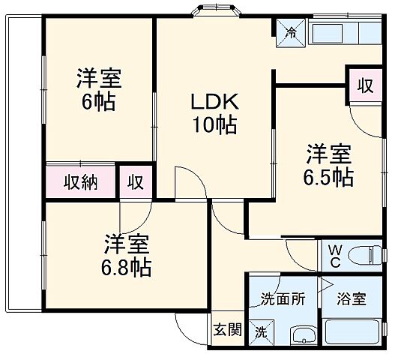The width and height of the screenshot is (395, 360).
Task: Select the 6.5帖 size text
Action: (328, 177)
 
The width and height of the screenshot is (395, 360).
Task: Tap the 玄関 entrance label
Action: (226, 328)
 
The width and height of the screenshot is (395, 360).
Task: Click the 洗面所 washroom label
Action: (283, 298)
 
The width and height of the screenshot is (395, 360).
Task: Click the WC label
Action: (333, 255)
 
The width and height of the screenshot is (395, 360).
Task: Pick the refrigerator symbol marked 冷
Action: (290, 32)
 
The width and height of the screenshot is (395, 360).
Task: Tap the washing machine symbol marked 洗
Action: (261, 331)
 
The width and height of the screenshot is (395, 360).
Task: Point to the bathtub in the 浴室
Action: (354, 331)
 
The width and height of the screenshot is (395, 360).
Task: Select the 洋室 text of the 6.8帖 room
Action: (127, 243)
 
